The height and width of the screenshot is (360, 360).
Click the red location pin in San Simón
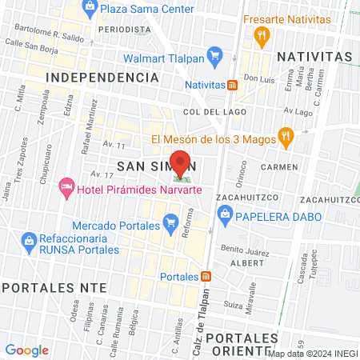181,162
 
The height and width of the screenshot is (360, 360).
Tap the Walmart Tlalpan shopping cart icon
214,57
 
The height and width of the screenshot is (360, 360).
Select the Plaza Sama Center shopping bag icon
89,9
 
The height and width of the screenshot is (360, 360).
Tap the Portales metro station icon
206,277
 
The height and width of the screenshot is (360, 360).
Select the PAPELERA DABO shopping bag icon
226,214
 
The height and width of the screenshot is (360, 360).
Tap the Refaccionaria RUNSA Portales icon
30,239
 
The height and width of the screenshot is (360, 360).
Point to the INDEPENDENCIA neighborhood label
102,77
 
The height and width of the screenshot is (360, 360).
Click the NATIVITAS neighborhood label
314,57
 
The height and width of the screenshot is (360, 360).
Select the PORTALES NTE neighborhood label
38,286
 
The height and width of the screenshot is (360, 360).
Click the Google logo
27,350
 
